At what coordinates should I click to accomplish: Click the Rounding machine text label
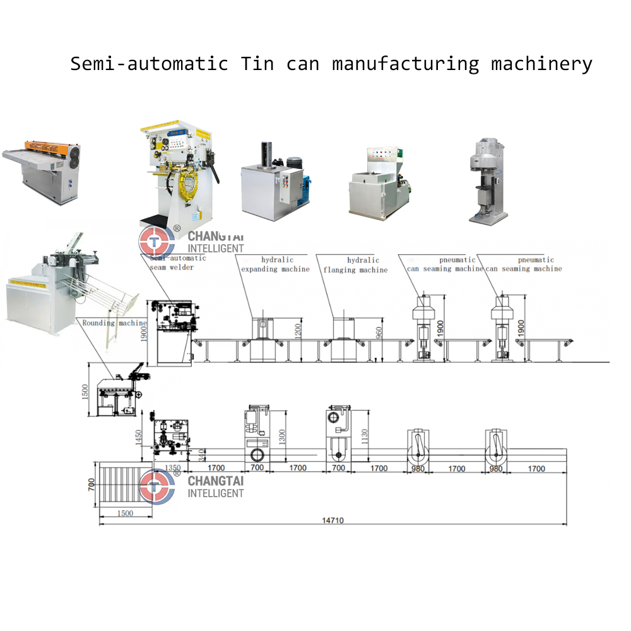coord(114,322)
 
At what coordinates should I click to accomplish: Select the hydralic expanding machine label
coord(275,264)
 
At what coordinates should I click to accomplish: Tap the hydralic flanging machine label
coord(356,265)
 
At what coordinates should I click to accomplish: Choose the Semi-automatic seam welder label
coord(178,262)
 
